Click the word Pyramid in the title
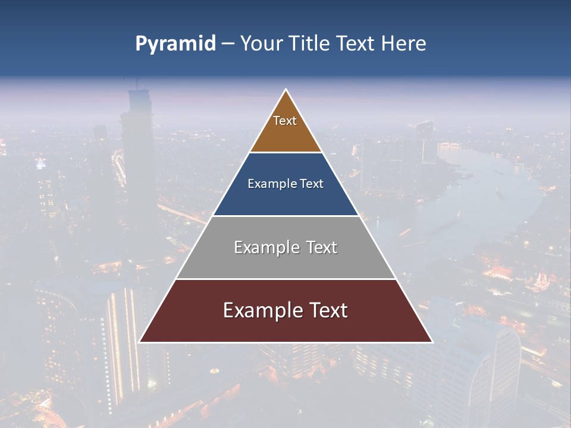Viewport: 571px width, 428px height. tap(175, 44)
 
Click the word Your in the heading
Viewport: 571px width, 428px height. tap(261, 44)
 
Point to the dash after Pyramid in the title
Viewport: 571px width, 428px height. tap(228, 44)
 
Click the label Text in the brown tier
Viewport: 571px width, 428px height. tap(285, 121)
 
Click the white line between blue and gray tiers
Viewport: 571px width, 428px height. tap(285, 216)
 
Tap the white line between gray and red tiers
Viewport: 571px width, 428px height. tap(285, 279)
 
